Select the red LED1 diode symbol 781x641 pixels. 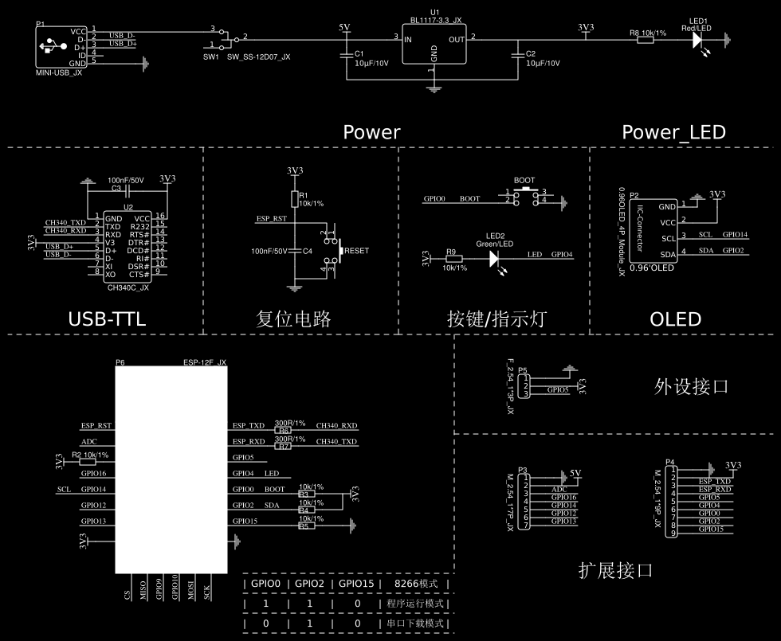[697, 38]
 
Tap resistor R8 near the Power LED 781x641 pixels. [646, 39]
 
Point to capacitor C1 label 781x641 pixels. [359, 54]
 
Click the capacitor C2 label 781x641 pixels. [531, 54]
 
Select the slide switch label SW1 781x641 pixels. [210, 57]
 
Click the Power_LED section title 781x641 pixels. [673, 132]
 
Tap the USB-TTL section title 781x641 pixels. [107, 319]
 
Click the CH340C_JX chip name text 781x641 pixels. [128, 287]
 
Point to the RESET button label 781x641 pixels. [357, 251]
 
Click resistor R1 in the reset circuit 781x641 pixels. [294, 198]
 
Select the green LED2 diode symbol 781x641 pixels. [494, 257]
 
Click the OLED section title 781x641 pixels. [675, 319]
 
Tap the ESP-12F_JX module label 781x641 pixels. [205, 362]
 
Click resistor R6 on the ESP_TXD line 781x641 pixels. [283, 430]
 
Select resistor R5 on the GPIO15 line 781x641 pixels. [303, 526]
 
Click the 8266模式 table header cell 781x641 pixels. [418, 584]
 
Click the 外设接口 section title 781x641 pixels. [691, 388]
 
